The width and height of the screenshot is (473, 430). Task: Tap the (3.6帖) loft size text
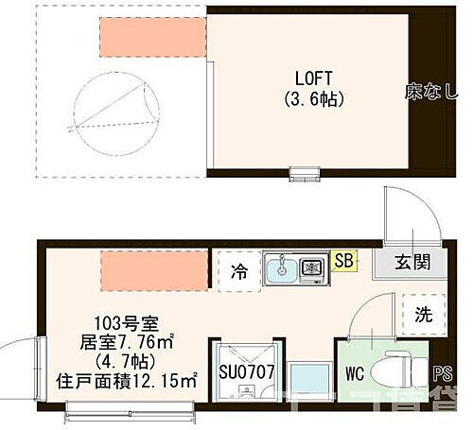(x=312, y=98)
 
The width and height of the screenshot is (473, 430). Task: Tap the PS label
(x=440, y=372)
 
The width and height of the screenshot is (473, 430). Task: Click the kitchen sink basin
(x=280, y=270)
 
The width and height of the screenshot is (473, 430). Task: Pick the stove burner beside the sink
(x=311, y=269)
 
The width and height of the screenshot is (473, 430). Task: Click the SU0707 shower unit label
(x=247, y=371)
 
